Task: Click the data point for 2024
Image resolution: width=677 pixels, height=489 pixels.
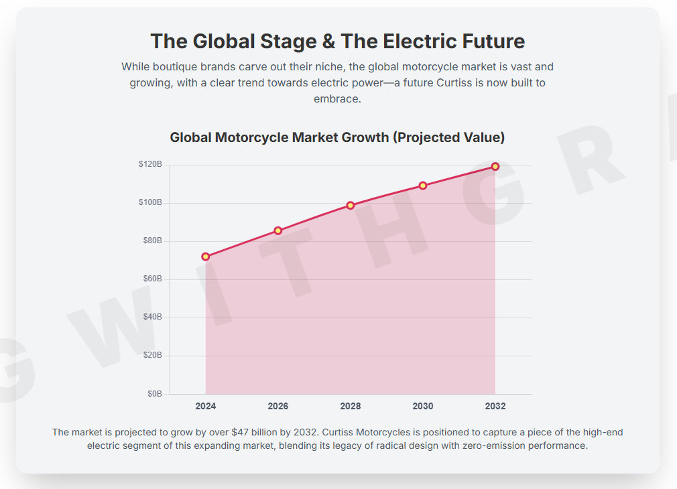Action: [x=206, y=257]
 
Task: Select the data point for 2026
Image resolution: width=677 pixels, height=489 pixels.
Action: [x=278, y=230]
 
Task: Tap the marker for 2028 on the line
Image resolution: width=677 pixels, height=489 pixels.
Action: [x=351, y=206]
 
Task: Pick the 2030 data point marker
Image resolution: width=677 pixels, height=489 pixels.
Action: [x=423, y=186]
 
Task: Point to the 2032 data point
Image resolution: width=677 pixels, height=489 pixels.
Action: [x=495, y=166]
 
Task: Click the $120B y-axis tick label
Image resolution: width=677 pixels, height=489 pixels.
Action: [x=150, y=164]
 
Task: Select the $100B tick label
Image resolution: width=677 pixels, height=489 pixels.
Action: [x=150, y=202]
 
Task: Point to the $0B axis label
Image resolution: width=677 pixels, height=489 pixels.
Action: [x=154, y=394]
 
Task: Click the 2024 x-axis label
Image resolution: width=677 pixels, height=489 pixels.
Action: [x=206, y=406]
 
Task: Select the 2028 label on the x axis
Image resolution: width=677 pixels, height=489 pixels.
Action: [x=351, y=406]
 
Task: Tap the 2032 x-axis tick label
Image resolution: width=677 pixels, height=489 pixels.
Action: [x=495, y=406]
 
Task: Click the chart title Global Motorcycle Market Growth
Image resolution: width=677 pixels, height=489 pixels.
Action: [x=337, y=137]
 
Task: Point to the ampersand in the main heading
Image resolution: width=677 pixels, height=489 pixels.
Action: [x=328, y=42]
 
